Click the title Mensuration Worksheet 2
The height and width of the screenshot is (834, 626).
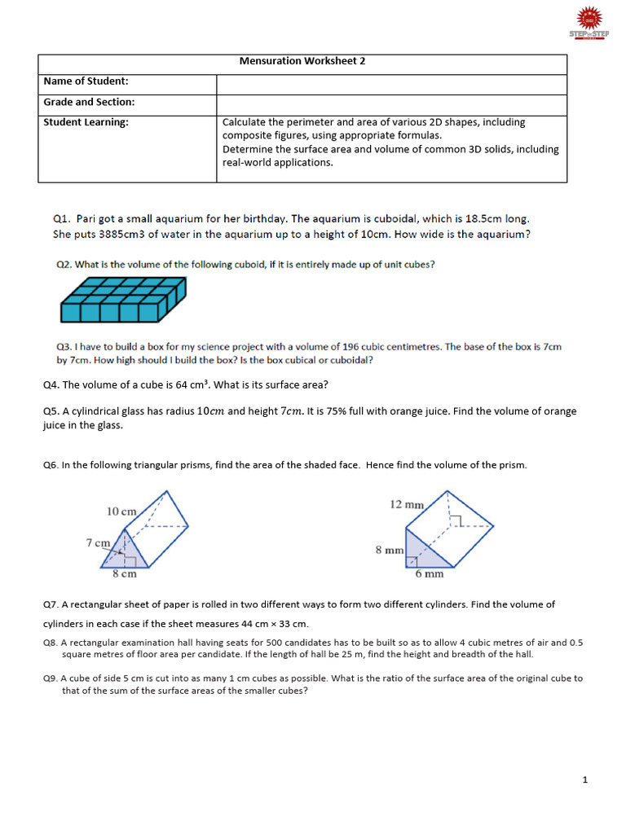pyautogui.click(x=302, y=62)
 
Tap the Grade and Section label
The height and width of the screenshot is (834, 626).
pyautogui.click(x=89, y=103)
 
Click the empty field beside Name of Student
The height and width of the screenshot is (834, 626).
pyautogui.click(x=391, y=83)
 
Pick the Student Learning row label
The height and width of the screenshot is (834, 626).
pyautogui.click(x=86, y=122)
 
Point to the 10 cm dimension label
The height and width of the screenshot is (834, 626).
pyautogui.click(x=121, y=511)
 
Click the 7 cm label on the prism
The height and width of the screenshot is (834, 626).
pyautogui.click(x=98, y=542)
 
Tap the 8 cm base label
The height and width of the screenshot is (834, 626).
pyautogui.click(x=124, y=574)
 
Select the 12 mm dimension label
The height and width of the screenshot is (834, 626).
pyautogui.click(x=407, y=505)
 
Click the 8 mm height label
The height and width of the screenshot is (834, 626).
pyautogui.click(x=388, y=551)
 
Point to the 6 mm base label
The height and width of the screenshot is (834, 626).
pyautogui.click(x=429, y=574)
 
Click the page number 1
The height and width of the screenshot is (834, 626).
pyautogui.click(x=585, y=780)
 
